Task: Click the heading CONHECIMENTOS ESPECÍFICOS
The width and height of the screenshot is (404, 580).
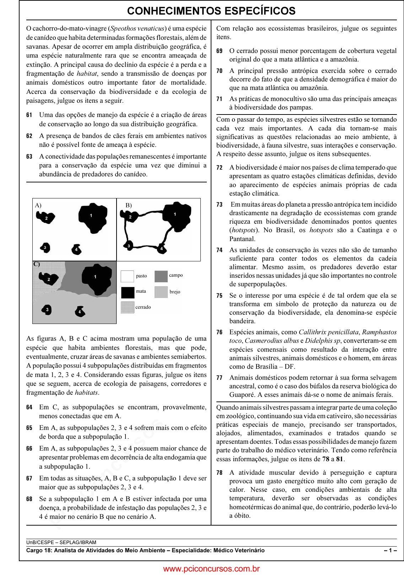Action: [211, 11]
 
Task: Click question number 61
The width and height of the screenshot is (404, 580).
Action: [29, 115]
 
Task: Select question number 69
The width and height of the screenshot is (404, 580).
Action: [219, 51]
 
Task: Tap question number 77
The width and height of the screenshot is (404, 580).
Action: [219, 378]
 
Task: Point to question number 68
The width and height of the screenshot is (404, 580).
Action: [29, 499]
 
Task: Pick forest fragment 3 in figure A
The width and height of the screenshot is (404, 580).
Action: [45, 248]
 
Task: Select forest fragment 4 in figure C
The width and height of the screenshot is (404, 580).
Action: [80, 312]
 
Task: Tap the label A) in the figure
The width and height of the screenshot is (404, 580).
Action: [38, 205]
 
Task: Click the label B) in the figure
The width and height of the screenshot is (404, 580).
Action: [129, 205]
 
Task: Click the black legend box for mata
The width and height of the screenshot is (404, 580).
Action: [128, 292]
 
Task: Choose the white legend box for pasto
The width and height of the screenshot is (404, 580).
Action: [127, 276]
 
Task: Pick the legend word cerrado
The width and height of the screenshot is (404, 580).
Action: [143, 307]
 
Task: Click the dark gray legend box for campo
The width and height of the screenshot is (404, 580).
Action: [161, 276]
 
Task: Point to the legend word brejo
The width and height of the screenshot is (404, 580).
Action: [175, 292]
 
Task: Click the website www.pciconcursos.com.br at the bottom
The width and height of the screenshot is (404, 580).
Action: [211, 569]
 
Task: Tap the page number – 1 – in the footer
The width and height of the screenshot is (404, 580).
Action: [390, 550]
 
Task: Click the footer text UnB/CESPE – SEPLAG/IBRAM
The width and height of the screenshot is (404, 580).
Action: [61, 542]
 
